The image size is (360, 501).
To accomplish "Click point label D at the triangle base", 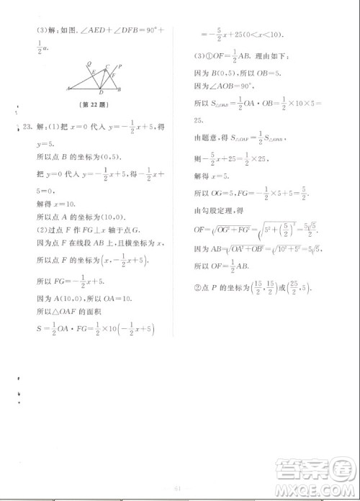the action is (101, 92).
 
